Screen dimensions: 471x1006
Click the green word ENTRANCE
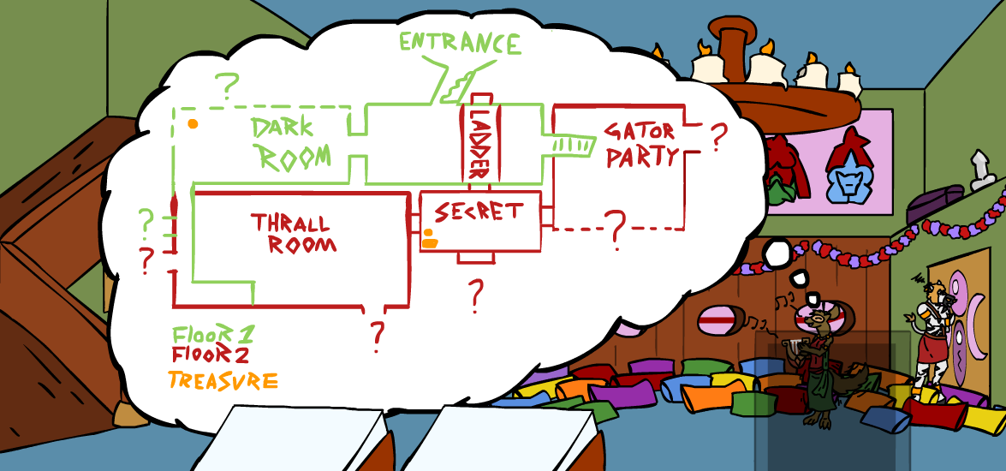[x=460, y=42]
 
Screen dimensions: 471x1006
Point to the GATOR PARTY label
[x=640, y=144]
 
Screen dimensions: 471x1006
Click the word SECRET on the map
[x=479, y=212]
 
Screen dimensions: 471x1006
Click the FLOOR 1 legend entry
[x=213, y=334]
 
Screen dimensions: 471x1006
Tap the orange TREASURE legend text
[x=223, y=380]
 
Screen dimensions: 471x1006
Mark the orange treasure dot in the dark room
[x=193, y=124]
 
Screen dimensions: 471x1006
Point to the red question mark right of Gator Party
[x=718, y=134]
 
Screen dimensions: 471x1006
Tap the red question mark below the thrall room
[x=377, y=337]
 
